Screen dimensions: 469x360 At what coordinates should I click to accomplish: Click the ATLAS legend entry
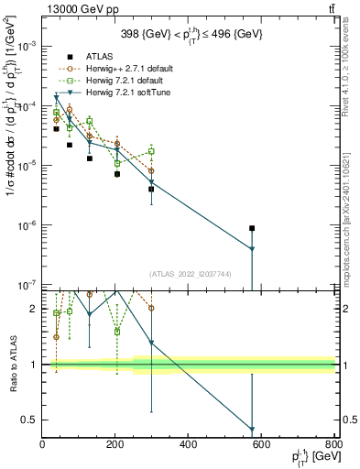[90, 56]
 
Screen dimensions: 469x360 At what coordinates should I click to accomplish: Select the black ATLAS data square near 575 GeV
[252, 228]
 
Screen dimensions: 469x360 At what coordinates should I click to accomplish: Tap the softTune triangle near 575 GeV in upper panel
[252, 249]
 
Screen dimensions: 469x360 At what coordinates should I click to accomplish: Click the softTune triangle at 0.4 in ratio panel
[252, 430]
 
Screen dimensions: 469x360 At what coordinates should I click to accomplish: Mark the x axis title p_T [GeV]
[311, 457]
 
